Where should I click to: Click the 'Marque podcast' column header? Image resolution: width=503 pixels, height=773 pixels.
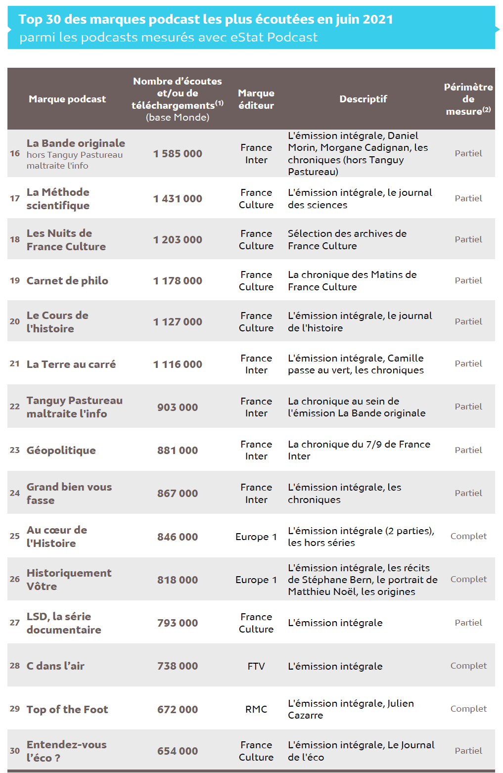click(67, 99)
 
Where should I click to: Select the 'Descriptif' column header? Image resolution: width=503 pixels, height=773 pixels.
click(363, 99)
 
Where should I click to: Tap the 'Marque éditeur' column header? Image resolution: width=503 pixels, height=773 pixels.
click(256, 99)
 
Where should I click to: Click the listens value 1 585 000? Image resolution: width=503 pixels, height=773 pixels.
click(178, 154)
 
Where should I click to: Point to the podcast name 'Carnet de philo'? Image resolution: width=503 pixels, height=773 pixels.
click(67, 281)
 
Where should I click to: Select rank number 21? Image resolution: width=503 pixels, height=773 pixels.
click(15, 364)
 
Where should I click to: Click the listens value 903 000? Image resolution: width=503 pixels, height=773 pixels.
click(178, 408)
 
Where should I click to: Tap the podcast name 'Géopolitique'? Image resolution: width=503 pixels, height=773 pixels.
click(61, 451)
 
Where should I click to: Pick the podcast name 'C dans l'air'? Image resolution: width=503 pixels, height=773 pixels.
click(55, 666)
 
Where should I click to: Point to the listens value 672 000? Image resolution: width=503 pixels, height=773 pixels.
click(178, 710)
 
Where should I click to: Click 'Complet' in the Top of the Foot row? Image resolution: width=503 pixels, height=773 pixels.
click(468, 709)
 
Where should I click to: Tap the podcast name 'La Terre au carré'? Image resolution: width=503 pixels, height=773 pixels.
click(71, 364)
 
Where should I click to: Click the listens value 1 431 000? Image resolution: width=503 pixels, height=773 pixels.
click(178, 199)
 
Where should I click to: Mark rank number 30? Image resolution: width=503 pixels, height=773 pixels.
click(15, 751)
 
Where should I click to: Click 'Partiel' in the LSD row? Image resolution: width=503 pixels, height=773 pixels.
click(468, 623)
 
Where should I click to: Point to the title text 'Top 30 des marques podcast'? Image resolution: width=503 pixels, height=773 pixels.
click(109, 19)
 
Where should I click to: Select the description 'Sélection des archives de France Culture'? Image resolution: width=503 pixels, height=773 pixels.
click(347, 240)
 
